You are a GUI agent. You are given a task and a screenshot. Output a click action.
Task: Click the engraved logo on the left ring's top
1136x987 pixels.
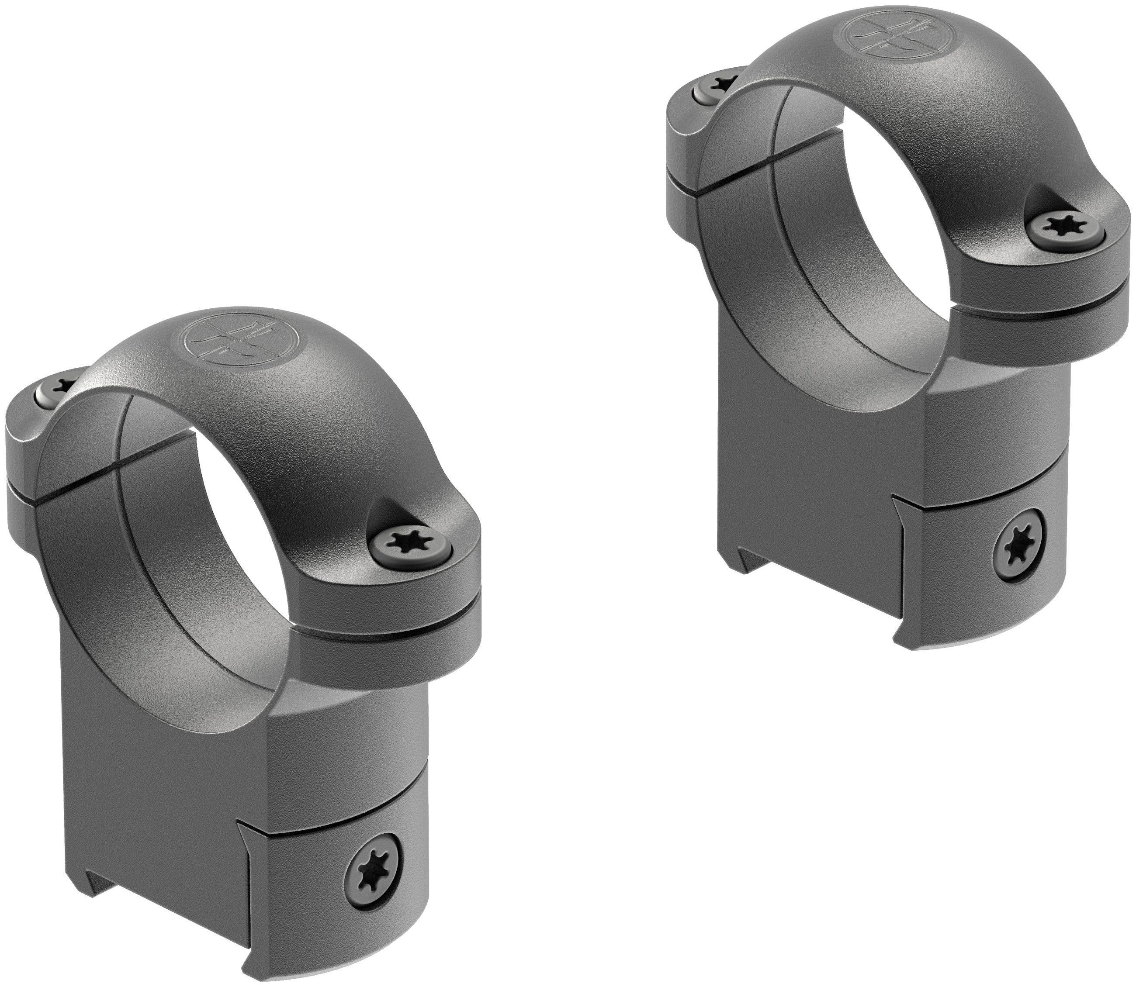point(228,344)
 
